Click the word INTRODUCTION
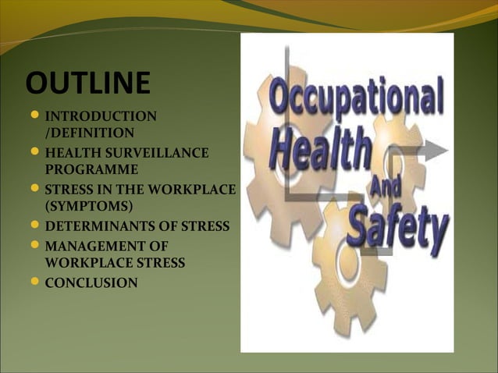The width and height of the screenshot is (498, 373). pyautogui.click(x=101, y=117)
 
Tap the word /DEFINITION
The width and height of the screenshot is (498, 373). pyautogui.click(x=90, y=133)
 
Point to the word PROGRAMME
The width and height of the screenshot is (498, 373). pyautogui.click(x=91, y=169)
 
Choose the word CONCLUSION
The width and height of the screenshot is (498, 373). pyautogui.click(x=91, y=282)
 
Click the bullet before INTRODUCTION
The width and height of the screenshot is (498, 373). pyautogui.click(x=34, y=117)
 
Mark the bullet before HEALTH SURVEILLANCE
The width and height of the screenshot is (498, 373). pyautogui.click(x=34, y=152)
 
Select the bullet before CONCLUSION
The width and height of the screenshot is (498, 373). pyautogui.click(x=34, y=282)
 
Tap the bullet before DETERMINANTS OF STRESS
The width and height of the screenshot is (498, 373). pyautogui.click(x=34, y=226)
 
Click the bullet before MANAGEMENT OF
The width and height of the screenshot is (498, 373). pyautogui.click(x=34, y=247)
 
